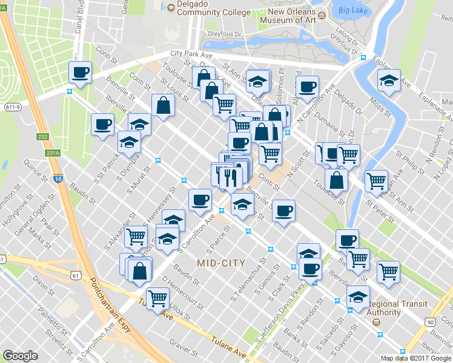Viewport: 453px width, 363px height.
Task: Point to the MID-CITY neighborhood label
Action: [x=221, y=263]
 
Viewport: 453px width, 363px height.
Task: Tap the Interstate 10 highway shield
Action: [x=58, y=179]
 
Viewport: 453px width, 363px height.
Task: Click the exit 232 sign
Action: [x=42, y=137]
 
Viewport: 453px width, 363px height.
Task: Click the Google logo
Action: [x=21, y=356]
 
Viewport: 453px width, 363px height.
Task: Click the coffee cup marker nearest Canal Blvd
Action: [x=80, y=73]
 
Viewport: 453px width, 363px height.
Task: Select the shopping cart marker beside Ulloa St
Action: [x=158, y=298]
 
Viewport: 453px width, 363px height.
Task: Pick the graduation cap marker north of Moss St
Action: [x=389, y=80]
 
